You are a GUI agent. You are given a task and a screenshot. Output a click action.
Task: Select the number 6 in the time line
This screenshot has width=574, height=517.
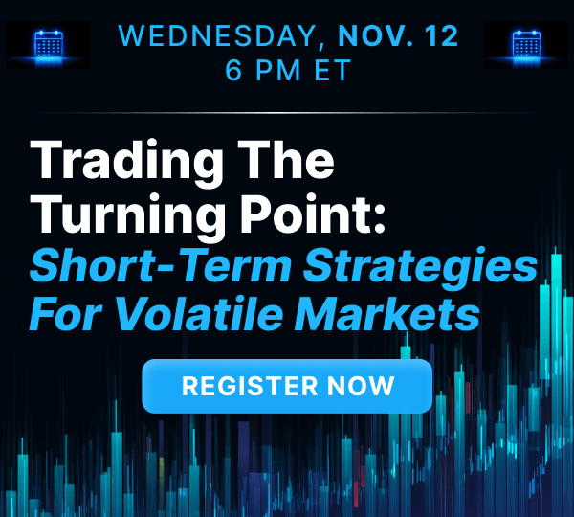point(232,70)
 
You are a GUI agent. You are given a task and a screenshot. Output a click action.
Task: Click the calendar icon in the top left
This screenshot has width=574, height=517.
point(48,44)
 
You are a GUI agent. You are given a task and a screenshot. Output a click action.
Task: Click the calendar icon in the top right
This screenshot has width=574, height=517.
point(526,44)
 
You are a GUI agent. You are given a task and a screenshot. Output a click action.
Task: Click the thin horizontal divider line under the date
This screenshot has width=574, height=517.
point(287,113)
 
